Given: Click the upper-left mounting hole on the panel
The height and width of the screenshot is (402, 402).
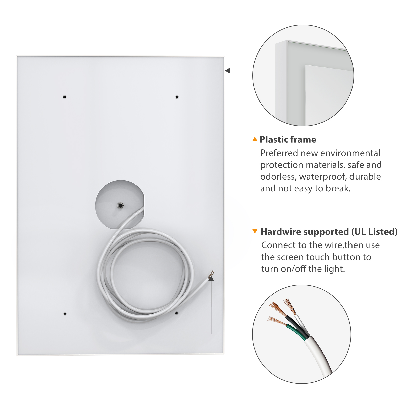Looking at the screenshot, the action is (65, 97).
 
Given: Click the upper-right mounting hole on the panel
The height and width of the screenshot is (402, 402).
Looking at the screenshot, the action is (177, 97).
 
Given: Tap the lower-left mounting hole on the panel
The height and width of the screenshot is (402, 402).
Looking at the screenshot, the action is (65, 314).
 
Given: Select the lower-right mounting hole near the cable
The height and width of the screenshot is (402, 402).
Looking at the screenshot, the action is (177, 313).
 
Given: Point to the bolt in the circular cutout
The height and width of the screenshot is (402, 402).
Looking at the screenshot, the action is (120, 206).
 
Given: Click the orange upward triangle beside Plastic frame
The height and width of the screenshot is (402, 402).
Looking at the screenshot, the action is (255, 139).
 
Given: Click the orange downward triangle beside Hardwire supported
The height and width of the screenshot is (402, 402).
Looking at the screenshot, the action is (255, 231).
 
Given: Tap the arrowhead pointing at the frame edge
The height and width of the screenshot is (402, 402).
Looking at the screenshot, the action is (227, 71).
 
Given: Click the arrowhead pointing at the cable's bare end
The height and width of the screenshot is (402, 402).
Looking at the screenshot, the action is (211, 278).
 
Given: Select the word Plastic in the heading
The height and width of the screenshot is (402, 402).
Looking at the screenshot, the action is (273, 139).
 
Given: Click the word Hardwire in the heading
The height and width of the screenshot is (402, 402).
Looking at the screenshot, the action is (280, 232).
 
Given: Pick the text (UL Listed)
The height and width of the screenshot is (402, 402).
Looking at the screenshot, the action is (374, 232).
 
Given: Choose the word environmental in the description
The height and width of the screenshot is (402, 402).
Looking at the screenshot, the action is (350, 153).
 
